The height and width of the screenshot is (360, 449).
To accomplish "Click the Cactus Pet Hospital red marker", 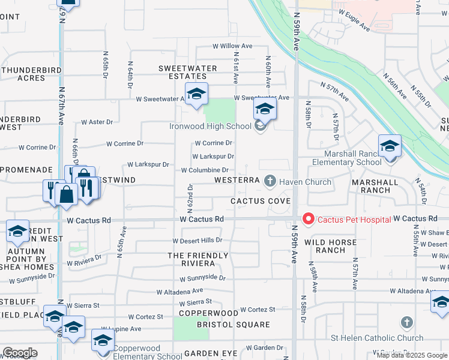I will (309, 220).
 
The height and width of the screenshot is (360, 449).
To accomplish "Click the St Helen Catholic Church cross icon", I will (407, 323).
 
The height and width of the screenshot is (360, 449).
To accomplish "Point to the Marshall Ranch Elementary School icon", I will (390, 146).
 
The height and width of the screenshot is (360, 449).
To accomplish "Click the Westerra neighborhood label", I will (237, 180).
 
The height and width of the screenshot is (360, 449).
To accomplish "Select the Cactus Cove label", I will (256, 200).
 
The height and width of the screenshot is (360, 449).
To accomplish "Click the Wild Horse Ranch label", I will (330, 246).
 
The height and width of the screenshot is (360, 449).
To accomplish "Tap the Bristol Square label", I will (234, 325).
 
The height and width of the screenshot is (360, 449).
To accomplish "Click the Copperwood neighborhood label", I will (208, 313).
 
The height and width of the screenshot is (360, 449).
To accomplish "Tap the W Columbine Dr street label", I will (205, 170).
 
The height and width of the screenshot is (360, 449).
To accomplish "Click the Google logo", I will (20, 353).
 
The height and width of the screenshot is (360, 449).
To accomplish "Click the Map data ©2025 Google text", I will (412, 355).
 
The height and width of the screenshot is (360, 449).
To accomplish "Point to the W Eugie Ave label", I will (354, 20).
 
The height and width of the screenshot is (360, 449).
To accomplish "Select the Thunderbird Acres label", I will (23, 73).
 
